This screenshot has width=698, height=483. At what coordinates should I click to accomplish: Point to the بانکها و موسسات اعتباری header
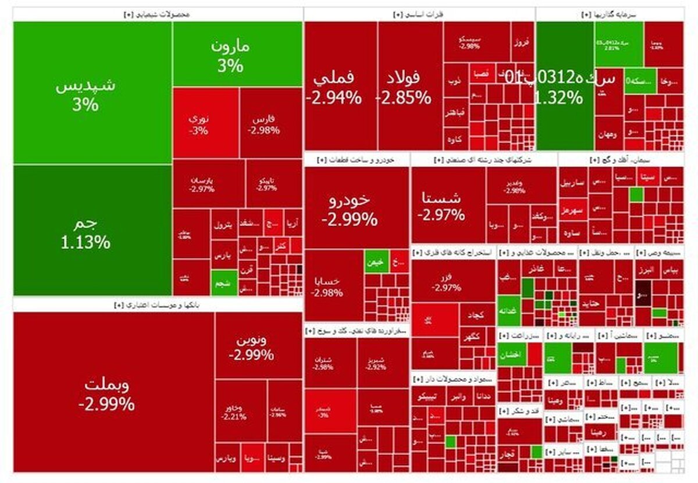(157, 304)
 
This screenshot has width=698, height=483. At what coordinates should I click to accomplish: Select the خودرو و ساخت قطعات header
(356, 159)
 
